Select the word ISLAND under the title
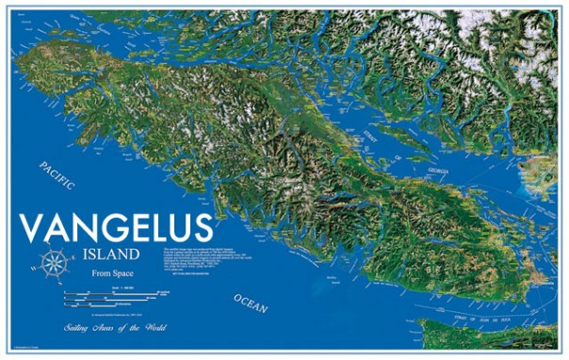click(x=111, y=255)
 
